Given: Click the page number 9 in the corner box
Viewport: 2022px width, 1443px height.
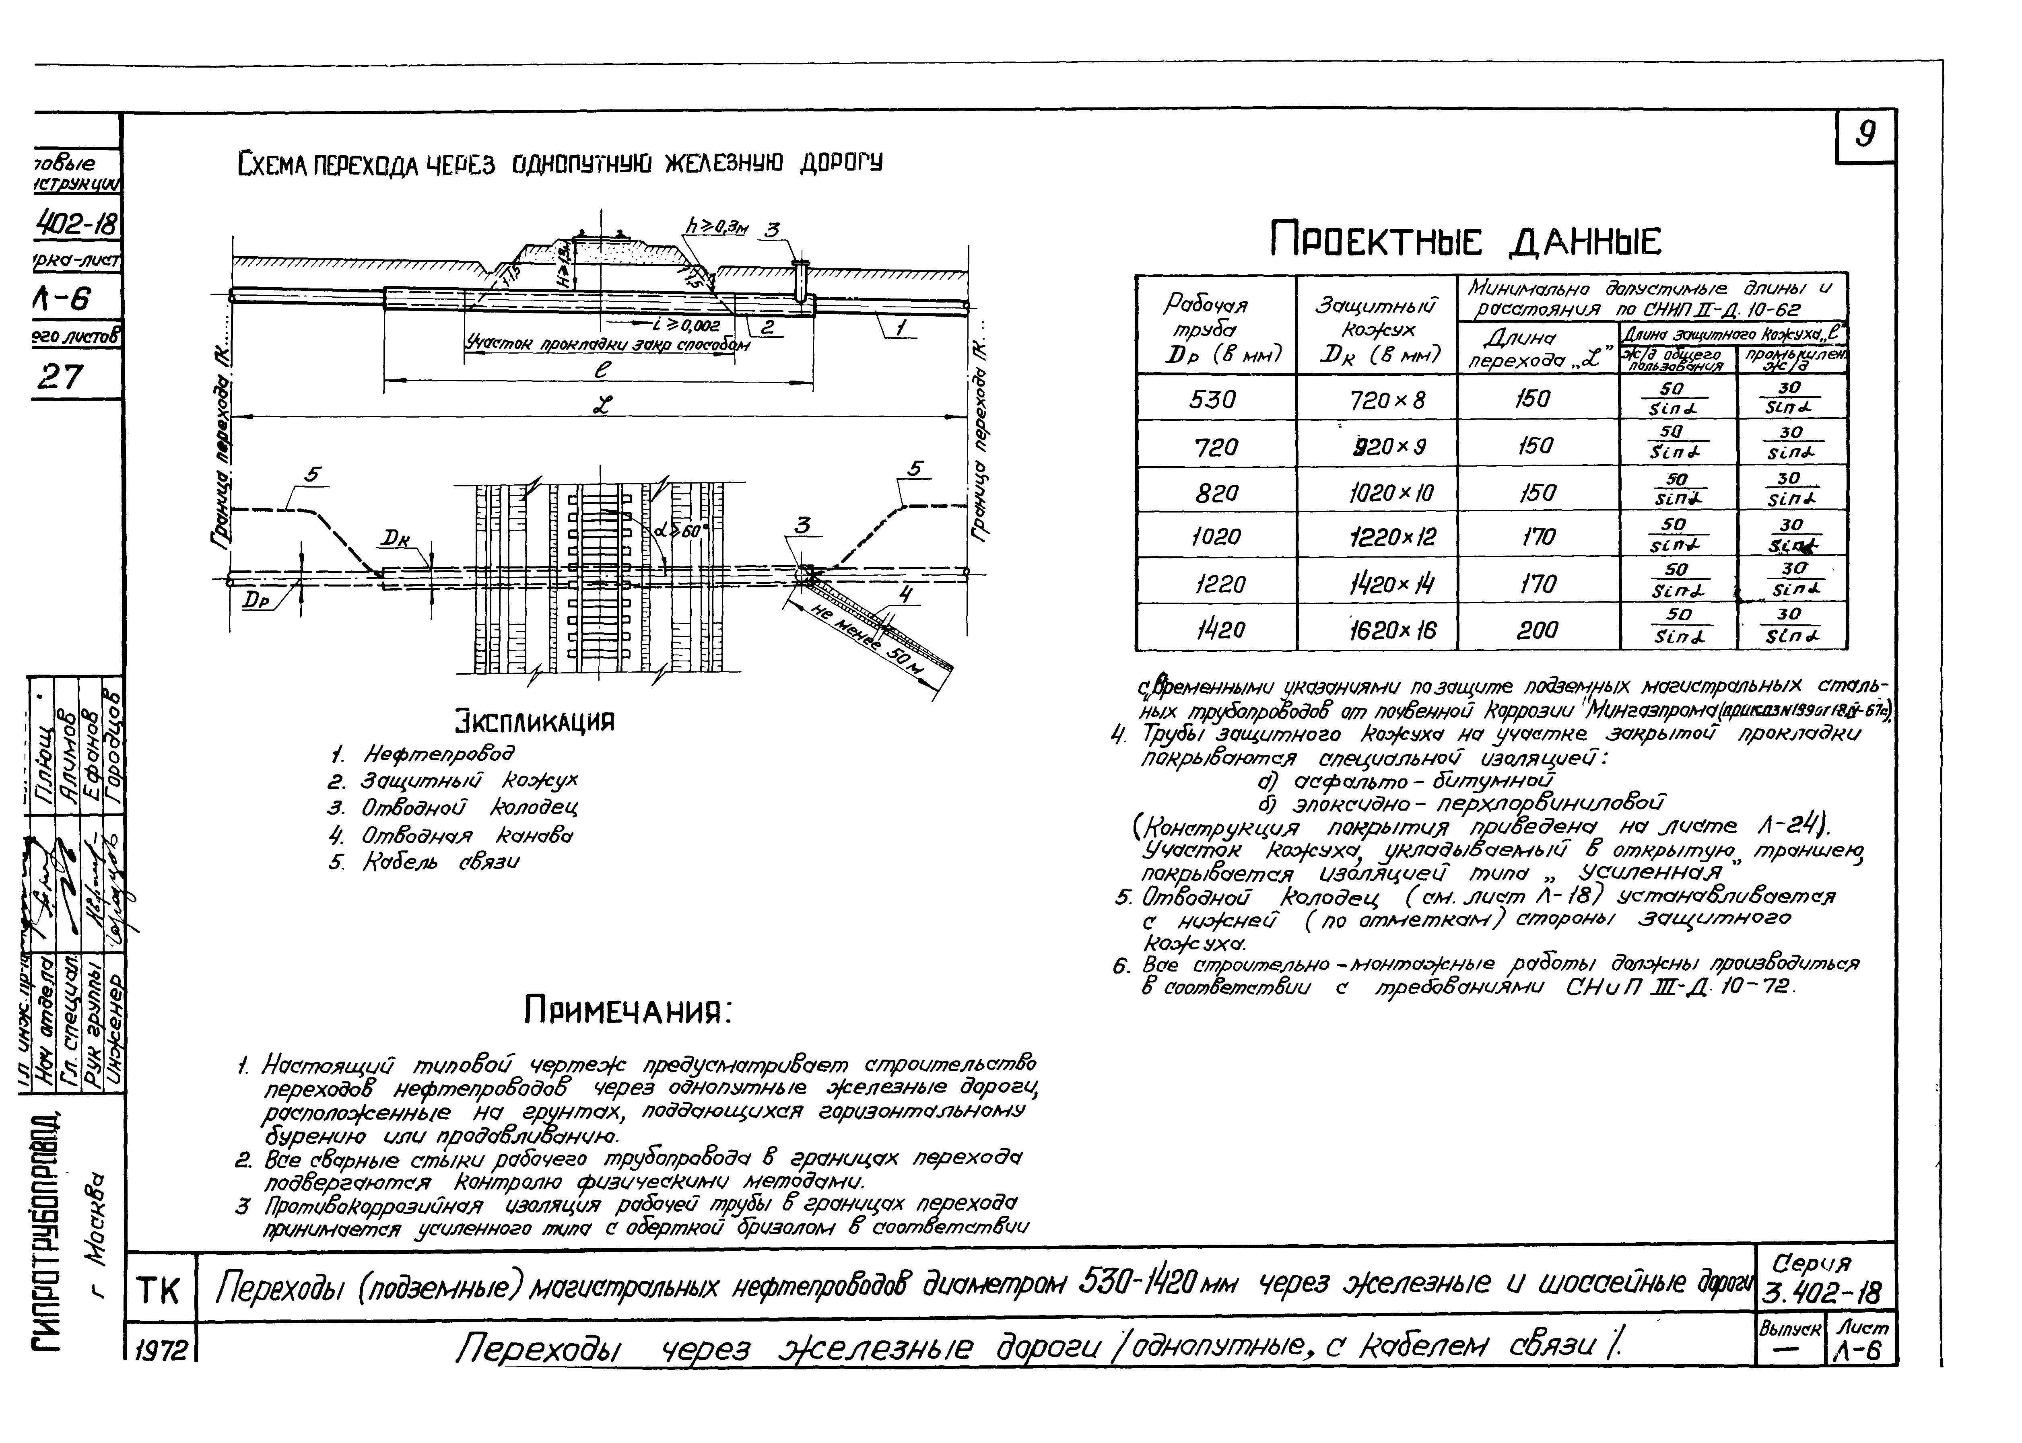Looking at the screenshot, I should [x=1865, y=135].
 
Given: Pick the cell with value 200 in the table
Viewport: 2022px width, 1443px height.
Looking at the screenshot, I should [x=1538, y=630].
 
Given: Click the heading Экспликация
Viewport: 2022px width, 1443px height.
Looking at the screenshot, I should [x=535, y=720].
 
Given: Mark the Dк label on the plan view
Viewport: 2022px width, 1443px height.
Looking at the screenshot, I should [x=396, y=538].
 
